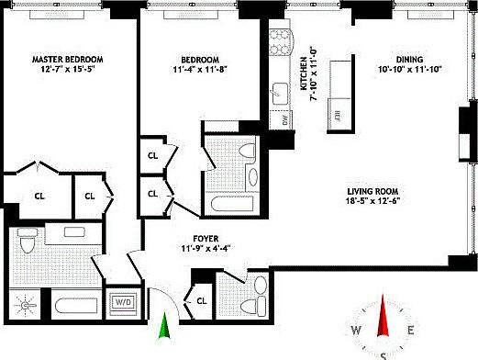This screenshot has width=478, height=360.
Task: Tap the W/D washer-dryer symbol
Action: pos(121,301)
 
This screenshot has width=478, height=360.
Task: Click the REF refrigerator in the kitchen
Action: pos(339,116)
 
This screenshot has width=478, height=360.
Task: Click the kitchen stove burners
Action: pos(281,41)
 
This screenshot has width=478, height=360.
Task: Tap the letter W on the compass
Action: pos(356,332)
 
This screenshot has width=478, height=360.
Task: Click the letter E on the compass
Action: pos(412,332)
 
